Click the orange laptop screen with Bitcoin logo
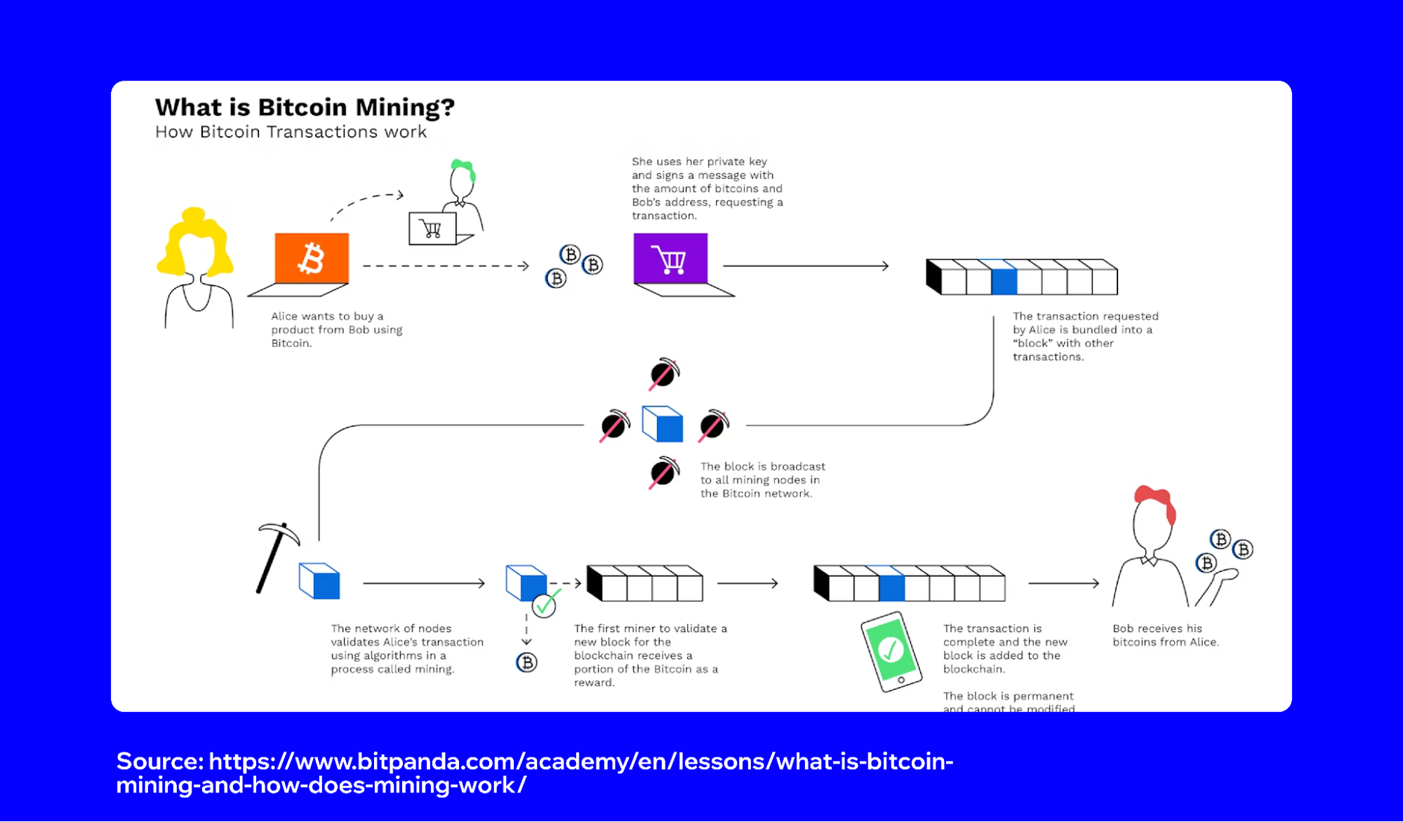[312, 258]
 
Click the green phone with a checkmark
[891, 651]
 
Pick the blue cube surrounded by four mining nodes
[663, 424]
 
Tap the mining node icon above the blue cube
[664, 374]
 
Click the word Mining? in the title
[405, 107]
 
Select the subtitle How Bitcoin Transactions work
[291, 132]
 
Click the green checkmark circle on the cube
[544, 605]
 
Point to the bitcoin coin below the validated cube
[526, 662]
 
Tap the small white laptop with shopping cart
[432, 229]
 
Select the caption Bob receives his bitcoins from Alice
[1165, 635]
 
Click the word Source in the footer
[159, 762]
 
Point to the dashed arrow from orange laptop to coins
[445, 266]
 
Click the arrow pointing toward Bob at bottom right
[1063, 583]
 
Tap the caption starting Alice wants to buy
[336, 330]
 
